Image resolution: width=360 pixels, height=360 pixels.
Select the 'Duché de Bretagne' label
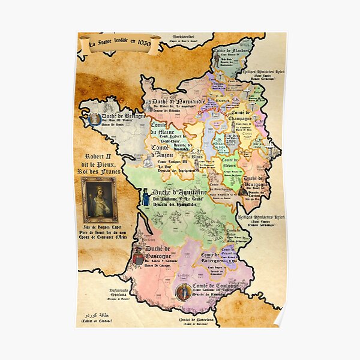(123, 116)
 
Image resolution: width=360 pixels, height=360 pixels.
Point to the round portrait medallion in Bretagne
(95, 119)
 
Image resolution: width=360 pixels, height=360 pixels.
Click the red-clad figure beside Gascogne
(139, 256)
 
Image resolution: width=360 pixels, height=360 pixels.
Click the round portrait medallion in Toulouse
(184, 292)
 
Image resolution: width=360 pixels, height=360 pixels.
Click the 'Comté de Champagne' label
(240, 116)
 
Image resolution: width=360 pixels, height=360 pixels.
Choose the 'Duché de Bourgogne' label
(254, 182)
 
